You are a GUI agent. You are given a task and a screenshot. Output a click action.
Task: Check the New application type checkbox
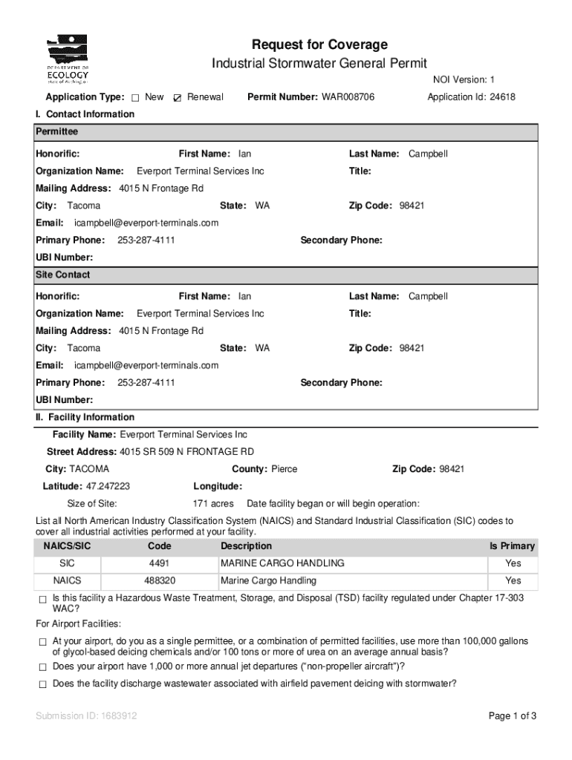135,98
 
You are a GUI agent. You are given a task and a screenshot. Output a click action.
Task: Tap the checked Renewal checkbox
177,98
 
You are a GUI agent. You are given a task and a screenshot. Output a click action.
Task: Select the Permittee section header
57,131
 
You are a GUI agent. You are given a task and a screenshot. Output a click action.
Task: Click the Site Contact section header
63,275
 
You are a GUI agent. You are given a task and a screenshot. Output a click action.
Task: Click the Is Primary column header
511,546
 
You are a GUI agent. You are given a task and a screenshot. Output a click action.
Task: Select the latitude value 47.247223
108,486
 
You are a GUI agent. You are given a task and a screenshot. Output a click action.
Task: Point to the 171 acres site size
213,503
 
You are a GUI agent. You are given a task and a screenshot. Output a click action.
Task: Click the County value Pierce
285,469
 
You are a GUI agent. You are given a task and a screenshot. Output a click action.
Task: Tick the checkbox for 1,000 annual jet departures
42,666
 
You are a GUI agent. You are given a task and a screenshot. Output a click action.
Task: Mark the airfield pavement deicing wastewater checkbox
42,684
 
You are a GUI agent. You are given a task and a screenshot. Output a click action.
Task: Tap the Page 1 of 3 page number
512,716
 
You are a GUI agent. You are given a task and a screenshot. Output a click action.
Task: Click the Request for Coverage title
319,45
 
